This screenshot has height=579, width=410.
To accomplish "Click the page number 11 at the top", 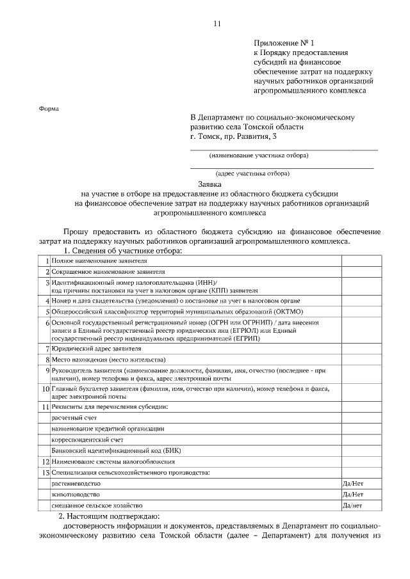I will pos(217,24).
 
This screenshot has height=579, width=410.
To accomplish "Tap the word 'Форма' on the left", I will pos(48,109).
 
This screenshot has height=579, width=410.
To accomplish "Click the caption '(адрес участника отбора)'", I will pos(253,173).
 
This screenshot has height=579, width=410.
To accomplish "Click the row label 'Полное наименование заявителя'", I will pos(99,262).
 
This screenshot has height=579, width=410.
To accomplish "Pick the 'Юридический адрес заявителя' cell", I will pos(96,349).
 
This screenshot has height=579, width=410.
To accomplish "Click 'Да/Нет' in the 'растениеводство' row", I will pos(354,484).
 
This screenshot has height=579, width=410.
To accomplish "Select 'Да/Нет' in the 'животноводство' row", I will pos(354,495).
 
